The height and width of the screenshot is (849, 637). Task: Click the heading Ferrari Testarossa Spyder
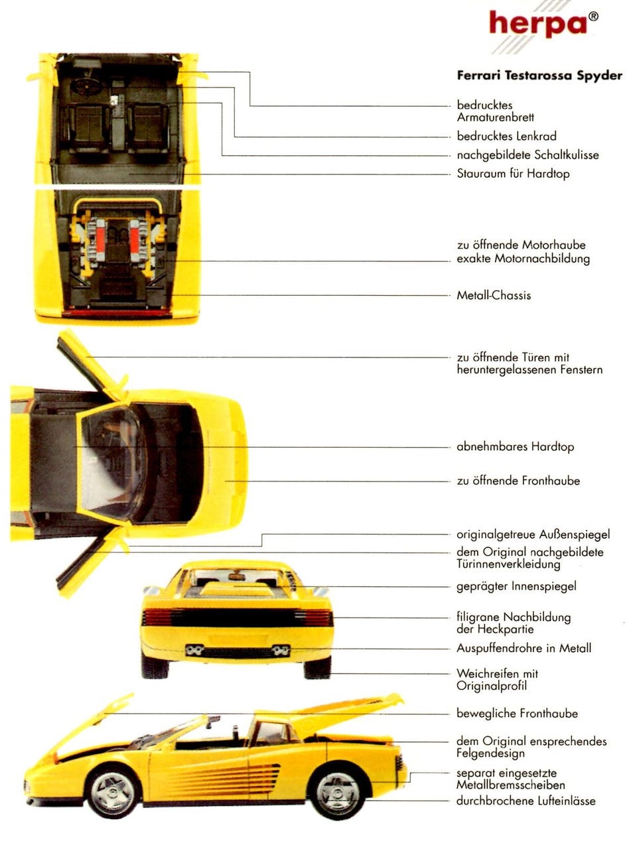coord(539,75)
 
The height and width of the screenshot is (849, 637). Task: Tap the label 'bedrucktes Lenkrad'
coord(507,136)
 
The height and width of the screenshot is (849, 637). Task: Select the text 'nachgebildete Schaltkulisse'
coord(528,155)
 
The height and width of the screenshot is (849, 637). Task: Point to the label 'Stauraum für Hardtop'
coord(513,174)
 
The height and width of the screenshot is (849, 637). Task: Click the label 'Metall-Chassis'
coord(494,296)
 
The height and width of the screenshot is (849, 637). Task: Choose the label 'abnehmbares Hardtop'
coord(515,447)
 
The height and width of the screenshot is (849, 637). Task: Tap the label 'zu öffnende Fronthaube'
coord(518,481)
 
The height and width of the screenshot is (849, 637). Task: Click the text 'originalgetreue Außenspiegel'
coord(533,535)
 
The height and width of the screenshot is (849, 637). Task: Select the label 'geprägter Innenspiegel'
coord(516,586)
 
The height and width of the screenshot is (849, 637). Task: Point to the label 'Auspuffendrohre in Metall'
coord(524,648)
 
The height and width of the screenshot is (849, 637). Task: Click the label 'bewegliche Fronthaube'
coord(517,713)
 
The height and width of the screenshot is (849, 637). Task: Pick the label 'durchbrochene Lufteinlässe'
coord(526,801)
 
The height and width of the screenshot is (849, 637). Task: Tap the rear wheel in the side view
coord(337,792)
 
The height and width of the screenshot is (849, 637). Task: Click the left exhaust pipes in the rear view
coord(194,651)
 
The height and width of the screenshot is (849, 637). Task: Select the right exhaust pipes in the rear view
coord(281,651)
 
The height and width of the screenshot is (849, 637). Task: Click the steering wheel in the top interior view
coord(86,87)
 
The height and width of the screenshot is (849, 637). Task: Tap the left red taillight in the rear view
coord(157,618)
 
